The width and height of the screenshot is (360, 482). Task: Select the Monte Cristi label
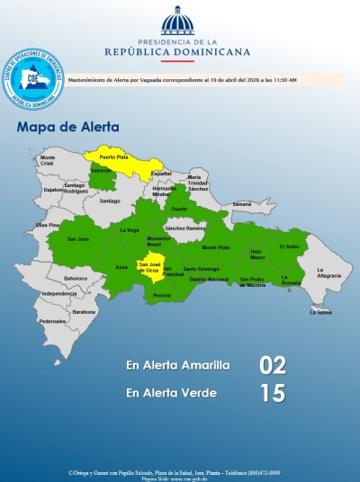(47, 161)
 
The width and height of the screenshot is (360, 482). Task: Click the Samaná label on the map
(242, 204)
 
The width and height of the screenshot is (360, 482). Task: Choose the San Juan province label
(78, 239)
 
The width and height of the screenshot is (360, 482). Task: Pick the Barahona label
(84, 312)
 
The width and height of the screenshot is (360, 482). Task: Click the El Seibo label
(289, 245)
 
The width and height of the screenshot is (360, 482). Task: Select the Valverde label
(101, 170)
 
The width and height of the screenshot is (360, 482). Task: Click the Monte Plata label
(216, 247)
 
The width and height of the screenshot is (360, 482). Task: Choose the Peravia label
(162, 295)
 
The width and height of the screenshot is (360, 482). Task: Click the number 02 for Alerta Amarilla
(272, 365)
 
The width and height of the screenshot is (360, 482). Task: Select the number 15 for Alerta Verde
(272, 393)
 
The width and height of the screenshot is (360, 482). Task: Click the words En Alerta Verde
(171, 393)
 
